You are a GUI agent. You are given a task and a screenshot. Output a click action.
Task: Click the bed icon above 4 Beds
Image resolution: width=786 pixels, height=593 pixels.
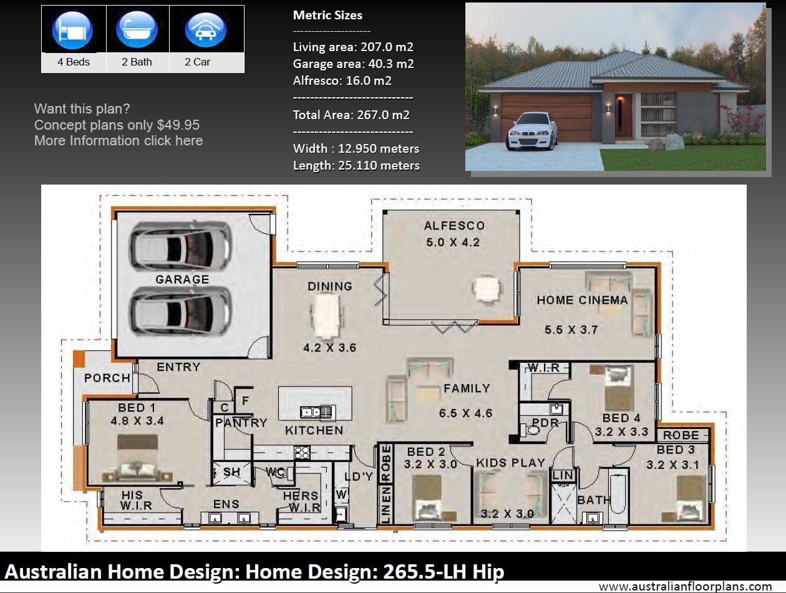click(x=74, y=29)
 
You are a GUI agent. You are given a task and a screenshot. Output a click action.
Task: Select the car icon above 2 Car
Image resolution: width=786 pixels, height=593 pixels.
click(x=205, y=29)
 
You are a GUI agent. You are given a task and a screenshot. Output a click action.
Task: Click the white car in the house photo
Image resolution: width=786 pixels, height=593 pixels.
click(x=532, y=132)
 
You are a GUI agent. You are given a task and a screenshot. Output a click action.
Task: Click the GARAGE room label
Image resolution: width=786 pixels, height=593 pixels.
click(x=182, y=279)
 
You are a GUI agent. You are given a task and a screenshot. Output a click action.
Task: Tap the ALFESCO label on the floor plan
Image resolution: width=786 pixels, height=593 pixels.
click(x=454, y=226)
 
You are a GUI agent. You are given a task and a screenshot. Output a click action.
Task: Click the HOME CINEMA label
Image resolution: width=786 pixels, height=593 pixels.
click(x=582, y=300)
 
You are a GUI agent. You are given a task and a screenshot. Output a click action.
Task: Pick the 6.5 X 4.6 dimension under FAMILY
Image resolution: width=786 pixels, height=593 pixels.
click(x=465, y=413)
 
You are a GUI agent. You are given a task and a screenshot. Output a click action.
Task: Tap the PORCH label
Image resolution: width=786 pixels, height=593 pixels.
click(x=107, y=378)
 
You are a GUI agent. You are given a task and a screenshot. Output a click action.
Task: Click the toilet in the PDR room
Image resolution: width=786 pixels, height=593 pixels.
click(x=533, y=430)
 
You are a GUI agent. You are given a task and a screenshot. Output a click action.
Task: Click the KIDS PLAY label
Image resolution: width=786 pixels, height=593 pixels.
click(x=510, y=463)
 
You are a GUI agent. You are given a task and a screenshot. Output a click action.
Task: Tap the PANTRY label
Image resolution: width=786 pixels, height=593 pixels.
click(x=241, y=422)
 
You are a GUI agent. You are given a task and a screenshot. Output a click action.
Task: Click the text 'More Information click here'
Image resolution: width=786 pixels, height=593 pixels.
click(x=119, y=141)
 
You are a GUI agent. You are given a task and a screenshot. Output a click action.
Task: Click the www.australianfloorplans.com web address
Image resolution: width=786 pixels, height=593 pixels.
click(x=684, y=586)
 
